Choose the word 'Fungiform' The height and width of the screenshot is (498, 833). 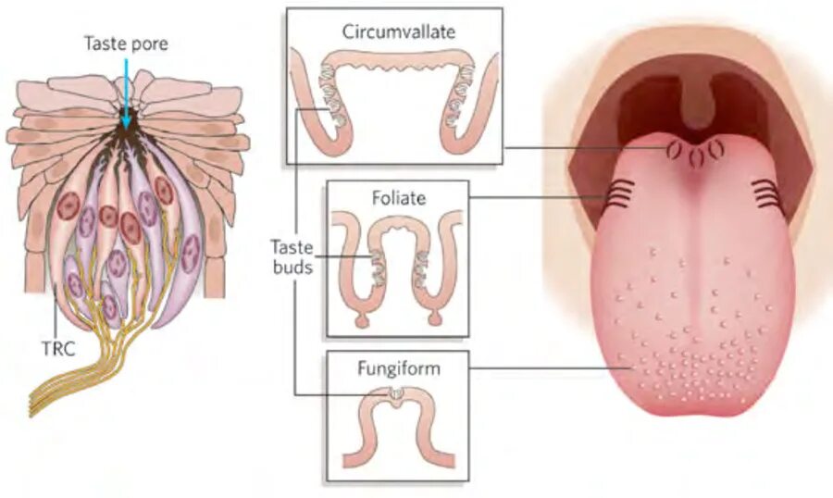tap(398, 368)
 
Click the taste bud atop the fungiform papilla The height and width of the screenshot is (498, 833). tap(396, 395)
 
